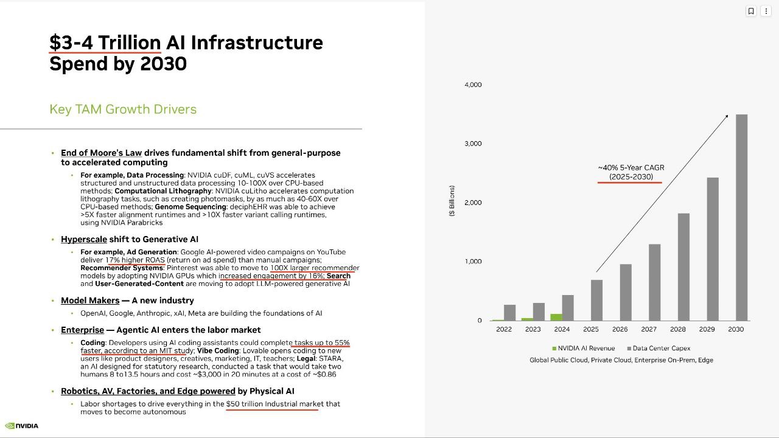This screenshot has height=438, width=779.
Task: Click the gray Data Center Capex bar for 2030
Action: (x=741, y=217)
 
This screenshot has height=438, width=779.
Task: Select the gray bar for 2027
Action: (x=654, y=282)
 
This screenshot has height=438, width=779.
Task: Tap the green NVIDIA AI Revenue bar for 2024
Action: (x=556, y=317)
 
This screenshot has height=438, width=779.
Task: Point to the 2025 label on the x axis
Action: (x=591, y=329)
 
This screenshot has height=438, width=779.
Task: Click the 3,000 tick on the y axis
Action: (x=473, y=144)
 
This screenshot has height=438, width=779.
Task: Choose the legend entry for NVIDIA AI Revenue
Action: (x=584, y=349)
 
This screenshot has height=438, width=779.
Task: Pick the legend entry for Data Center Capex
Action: (x=658, y=349)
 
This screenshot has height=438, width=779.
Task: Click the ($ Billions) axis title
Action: (x=452, y=201)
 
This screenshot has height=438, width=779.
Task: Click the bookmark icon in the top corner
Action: (x=751, y=11)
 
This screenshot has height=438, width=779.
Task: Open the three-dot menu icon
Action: (x=766, y=11)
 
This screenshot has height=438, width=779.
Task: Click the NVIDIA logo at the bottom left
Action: (x=21, y=426)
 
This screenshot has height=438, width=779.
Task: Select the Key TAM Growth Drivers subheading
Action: (x=123, y=109)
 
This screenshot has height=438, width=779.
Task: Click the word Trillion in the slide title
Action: (x=130, y=43)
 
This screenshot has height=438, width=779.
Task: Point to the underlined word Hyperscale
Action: (x=84, y=239)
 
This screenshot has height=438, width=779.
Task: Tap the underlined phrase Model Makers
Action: (x=90, y=301)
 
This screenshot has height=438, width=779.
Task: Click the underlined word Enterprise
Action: (x=82, y=330)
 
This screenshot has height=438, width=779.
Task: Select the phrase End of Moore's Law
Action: (x=101, y=153)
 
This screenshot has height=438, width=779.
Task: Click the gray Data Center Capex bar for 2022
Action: (x=510, y=313)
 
